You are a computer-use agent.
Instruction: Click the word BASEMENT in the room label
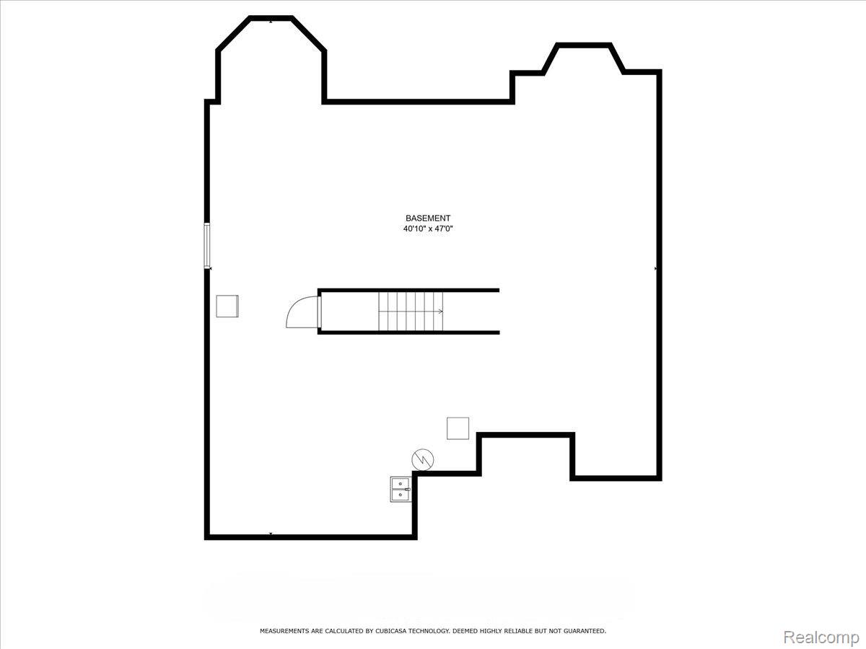click(x=428, y=218)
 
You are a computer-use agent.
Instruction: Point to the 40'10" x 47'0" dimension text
click(x=428, y=229)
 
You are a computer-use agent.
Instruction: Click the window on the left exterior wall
click(x=207, y=245)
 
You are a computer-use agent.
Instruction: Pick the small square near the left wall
click(x=227, y=306)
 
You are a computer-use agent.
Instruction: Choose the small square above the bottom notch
click(x=458, y=428)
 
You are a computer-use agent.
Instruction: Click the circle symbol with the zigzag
click(x=422, y=458)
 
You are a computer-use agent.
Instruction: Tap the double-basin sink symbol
click(x=400, y=489)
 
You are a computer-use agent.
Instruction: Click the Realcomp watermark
click(x=821, y=637)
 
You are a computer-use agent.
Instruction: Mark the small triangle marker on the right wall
click(x=656, y=268)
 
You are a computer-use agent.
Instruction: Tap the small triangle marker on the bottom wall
click(x=271, y=534)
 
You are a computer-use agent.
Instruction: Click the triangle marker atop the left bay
click(x=271, y=21)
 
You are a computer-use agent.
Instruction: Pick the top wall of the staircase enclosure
click(x=408, y=291)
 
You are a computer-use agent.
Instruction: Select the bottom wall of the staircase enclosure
click(x=408, y=332)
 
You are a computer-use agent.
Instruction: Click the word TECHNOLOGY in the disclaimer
click(x=429, y=631)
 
